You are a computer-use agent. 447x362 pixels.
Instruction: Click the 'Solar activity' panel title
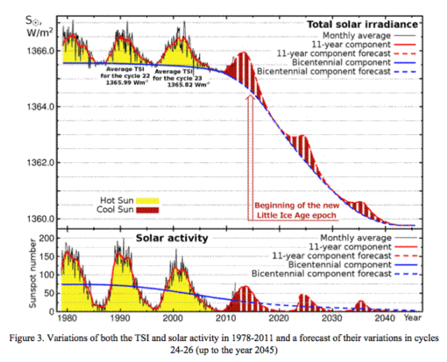click(171, 238)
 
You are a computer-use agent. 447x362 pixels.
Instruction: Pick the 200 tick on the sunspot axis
click(46, 238)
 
